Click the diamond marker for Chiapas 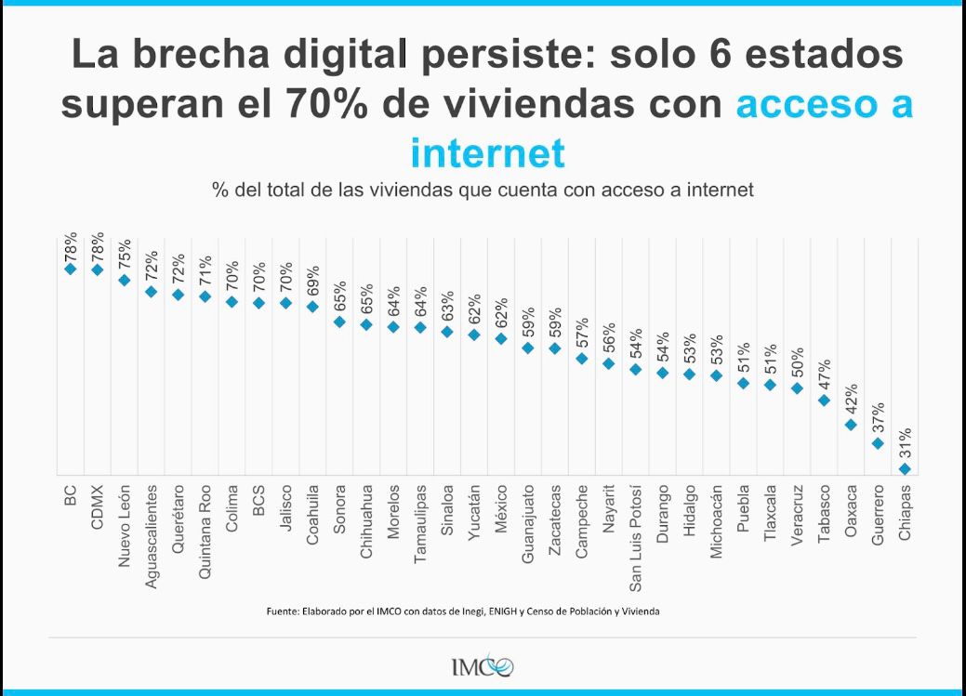(x=905, y=470)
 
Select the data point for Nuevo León (x=125, y=279)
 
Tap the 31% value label (x=905, y=444)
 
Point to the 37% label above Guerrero (x=878, y=419)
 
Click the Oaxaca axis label (x=851, y=508)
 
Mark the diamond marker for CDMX (x=98, y=269)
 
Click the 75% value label (x=125, y=254)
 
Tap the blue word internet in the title (x=487, y=151)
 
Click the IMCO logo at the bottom (x=482, y=666)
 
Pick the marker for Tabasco (x=824, y=401)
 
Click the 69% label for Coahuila (x=313, y=281)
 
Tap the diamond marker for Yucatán (x=474, y=335)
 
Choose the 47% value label (x=824, y=374)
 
